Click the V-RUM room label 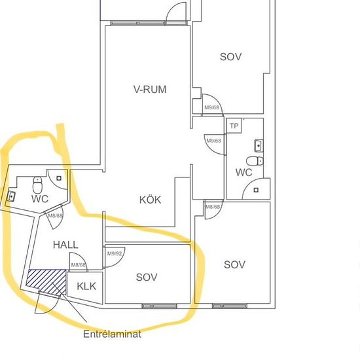click(x=150, y=89)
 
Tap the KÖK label click(x=150, y=199)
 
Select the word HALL click(x=65, y=245)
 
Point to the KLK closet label click(x=86, y=286)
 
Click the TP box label click(x=234, y=126)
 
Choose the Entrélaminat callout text click(x=112, y=334)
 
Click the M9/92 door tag click(x=115, y=253)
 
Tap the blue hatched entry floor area click(x=46, y=282)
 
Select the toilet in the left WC click(x=37, y=185)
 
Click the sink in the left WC click(x=11, y=196)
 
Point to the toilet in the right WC click(x=255, y=161)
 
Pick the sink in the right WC click(x=259, y=145)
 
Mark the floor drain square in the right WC click(x=256, y=190)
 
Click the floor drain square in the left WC click(x=59, y=178)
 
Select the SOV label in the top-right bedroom click(x=231, y=57)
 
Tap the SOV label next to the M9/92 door click(x=147, y=277)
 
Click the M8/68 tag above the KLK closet click(x=79, y=265)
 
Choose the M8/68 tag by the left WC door click(x=55, y=216)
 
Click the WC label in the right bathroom click(x=244, y=172)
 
